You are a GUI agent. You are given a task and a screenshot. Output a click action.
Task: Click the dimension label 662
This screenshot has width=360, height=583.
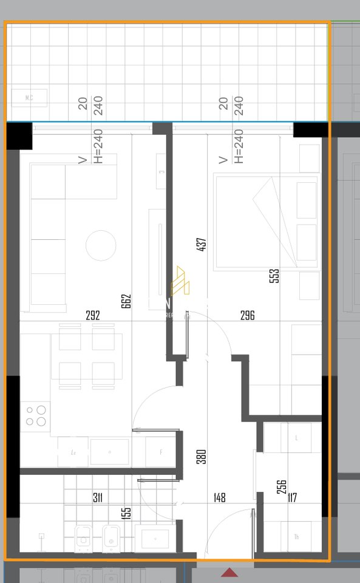point(126,301)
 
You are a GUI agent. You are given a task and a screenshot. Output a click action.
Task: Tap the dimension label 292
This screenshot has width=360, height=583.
point(93,315)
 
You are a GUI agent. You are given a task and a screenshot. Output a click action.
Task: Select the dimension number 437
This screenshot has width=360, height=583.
point(203,244)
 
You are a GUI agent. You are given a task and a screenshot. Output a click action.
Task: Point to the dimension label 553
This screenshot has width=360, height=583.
point(274,276)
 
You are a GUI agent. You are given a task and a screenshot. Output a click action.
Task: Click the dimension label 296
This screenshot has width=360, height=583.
point(247,315)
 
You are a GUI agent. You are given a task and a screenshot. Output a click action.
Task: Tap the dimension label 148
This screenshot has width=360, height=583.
point(219,498)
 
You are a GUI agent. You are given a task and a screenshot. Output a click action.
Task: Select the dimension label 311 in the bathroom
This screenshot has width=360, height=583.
point(97,498)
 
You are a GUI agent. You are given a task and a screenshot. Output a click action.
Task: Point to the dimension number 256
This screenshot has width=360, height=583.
point(282,486)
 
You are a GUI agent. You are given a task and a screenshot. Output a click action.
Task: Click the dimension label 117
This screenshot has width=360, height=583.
point(292,498)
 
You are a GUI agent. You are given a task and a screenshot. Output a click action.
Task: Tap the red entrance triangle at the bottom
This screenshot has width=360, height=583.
point(229,572)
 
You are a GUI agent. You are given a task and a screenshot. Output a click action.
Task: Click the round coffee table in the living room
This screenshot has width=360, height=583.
point(101,246)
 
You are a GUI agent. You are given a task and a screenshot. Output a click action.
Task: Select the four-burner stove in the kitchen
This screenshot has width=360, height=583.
point(35,416)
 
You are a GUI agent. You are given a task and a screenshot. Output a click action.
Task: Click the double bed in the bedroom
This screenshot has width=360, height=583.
point(266,222)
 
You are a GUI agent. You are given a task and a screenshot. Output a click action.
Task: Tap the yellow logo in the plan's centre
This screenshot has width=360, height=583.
point(180,281)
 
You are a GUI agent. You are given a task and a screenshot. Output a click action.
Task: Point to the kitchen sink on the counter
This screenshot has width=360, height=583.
point(109,452)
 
